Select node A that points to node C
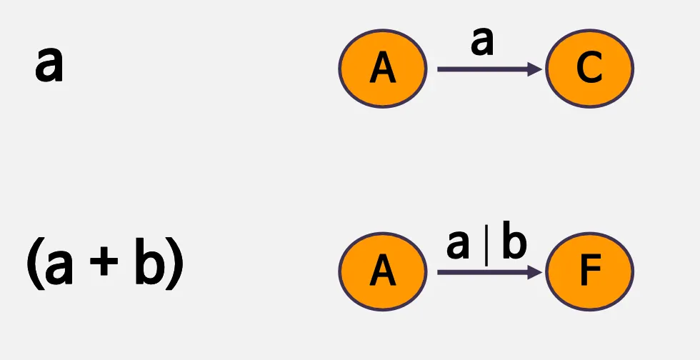[x=383, y=69]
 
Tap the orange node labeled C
[x=589, y=69]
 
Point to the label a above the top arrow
[x=483, y=44]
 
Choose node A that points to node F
[x=383, y=271]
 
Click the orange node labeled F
[x=589, y=271]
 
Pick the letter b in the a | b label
[x=513, y=244]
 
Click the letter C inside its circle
[x=589, y=69]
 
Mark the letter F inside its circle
[x=590, y=271]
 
